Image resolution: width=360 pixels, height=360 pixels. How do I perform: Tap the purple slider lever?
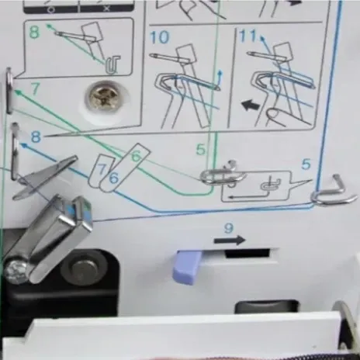(x=187, y=267)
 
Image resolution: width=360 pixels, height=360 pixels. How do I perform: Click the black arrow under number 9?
(x=230, y=241)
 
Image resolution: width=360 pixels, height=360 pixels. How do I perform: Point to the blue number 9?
(x=228, y=228)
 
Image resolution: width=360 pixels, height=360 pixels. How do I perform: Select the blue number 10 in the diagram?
(x=160, y=37)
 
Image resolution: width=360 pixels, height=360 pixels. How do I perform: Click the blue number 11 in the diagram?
(x=248, y=36)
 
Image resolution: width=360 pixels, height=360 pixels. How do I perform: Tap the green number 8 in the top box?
(x=34, y=32)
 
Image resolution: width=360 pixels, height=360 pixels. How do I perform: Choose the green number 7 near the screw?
(x=35, y=88)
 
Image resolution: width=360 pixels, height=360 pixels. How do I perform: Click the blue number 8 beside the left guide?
(x=36, y=137)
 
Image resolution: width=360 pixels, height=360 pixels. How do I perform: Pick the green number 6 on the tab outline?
(x=136, y=157)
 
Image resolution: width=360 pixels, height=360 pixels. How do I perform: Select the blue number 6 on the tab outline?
(x=114, y=178)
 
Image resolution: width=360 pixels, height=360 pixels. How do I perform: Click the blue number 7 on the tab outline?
(x=102, y=168)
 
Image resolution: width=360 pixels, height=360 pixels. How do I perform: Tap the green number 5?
(x=201, y=150)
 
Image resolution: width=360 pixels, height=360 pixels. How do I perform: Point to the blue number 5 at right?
(x=306, y=164)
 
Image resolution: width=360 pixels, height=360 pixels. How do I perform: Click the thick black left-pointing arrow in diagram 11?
(x=251, y=106)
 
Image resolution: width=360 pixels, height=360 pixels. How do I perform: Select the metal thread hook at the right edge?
(x=334, y=192)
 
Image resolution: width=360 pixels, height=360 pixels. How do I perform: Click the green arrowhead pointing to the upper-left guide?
(x=19, y=92)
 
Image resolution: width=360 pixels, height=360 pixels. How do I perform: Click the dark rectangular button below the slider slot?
(x=267, y=306)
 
